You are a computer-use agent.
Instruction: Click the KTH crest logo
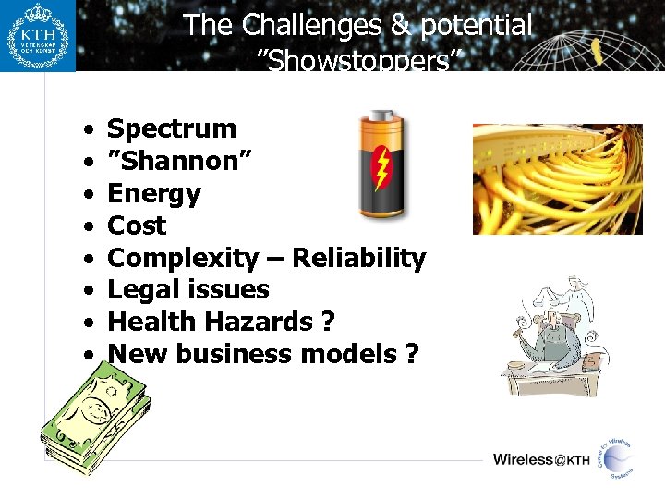click(38, 36)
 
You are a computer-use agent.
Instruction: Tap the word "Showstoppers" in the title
click(357, 61)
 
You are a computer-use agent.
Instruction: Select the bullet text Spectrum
click(172, 128)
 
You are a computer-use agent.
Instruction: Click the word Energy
click(153, 193)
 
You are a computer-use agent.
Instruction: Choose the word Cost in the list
click(137, 225)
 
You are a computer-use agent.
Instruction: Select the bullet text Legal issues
click(188, 290)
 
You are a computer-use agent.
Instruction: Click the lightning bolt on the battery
click(381, 169)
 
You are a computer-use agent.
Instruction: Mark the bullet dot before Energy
click(85, 194)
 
